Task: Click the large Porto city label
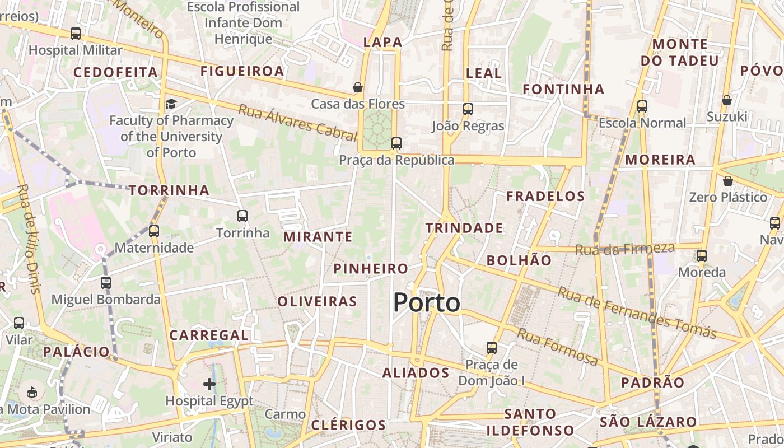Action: click(x=427, y=303)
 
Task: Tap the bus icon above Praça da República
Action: click(x=396, y=143)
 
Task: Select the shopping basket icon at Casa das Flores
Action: click(x=358, y=87)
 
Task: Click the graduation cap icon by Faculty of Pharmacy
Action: click(x=171, y=104)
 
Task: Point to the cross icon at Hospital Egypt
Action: click(x=209, y=384)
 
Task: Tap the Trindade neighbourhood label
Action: click(x=464, y=228)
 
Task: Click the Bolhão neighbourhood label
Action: click(x=519, y=260)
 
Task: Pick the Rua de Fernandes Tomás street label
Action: click(x=637, y=312)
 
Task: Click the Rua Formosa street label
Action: click(x=557, y=347)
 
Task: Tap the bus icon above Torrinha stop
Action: click(x=242, y=216)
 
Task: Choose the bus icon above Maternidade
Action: click(x=154, y=231)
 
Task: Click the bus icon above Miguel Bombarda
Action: click(x=106, y=283)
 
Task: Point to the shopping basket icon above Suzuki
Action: click(x=727, y=100)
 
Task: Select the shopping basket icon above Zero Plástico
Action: click(x=727, y=181)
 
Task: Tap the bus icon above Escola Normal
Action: click(x=642, y=106)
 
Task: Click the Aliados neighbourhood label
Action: click(x=416, y=373)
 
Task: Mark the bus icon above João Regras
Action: click(x=468, y=109)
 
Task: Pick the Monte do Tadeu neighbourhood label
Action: click(x=679, y=52)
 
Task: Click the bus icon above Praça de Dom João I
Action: click(x=492, y=348)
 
